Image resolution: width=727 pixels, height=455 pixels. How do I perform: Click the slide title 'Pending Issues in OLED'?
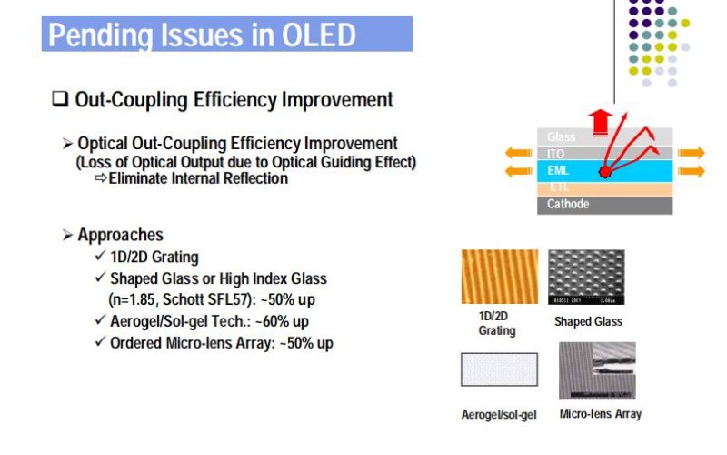201,35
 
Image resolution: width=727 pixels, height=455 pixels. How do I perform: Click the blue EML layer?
568,170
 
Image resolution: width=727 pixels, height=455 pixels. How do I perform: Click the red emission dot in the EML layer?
604,172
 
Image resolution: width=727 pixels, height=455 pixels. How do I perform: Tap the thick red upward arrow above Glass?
598,118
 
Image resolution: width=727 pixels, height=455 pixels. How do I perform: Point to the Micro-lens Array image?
598,371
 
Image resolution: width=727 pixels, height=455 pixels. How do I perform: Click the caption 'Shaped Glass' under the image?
588,321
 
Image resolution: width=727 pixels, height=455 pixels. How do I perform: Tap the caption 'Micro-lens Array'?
600,414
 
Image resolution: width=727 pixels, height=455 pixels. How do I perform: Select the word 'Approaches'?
121,235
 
